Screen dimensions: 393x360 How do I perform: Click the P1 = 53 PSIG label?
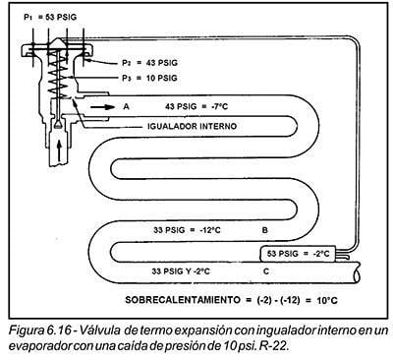[50, 17]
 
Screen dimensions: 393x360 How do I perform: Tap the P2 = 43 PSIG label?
[149, 63]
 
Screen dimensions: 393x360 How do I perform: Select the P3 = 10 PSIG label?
[149, 78]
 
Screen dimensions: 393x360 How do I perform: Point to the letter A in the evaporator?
[127, 106]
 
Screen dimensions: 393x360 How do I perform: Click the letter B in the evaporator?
[264, 230]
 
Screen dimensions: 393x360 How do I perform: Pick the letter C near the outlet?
[266, 271]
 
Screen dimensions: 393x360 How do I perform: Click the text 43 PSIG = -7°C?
[196, 106]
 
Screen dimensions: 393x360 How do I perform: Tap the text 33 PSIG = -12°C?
[187, 230]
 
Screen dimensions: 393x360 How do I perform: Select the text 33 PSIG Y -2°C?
[181, 271]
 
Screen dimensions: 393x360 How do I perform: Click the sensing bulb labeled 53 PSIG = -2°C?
[298, 254]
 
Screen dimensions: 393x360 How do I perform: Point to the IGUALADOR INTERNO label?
[192, 126]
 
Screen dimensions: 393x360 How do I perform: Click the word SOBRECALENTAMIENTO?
[183, 300]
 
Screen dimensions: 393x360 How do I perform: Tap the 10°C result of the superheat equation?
[327, 300]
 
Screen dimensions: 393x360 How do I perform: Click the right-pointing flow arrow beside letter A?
[102, 107]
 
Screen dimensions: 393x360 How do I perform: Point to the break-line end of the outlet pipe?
[358, 272]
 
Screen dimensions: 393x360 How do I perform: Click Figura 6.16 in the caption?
[39, 330]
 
